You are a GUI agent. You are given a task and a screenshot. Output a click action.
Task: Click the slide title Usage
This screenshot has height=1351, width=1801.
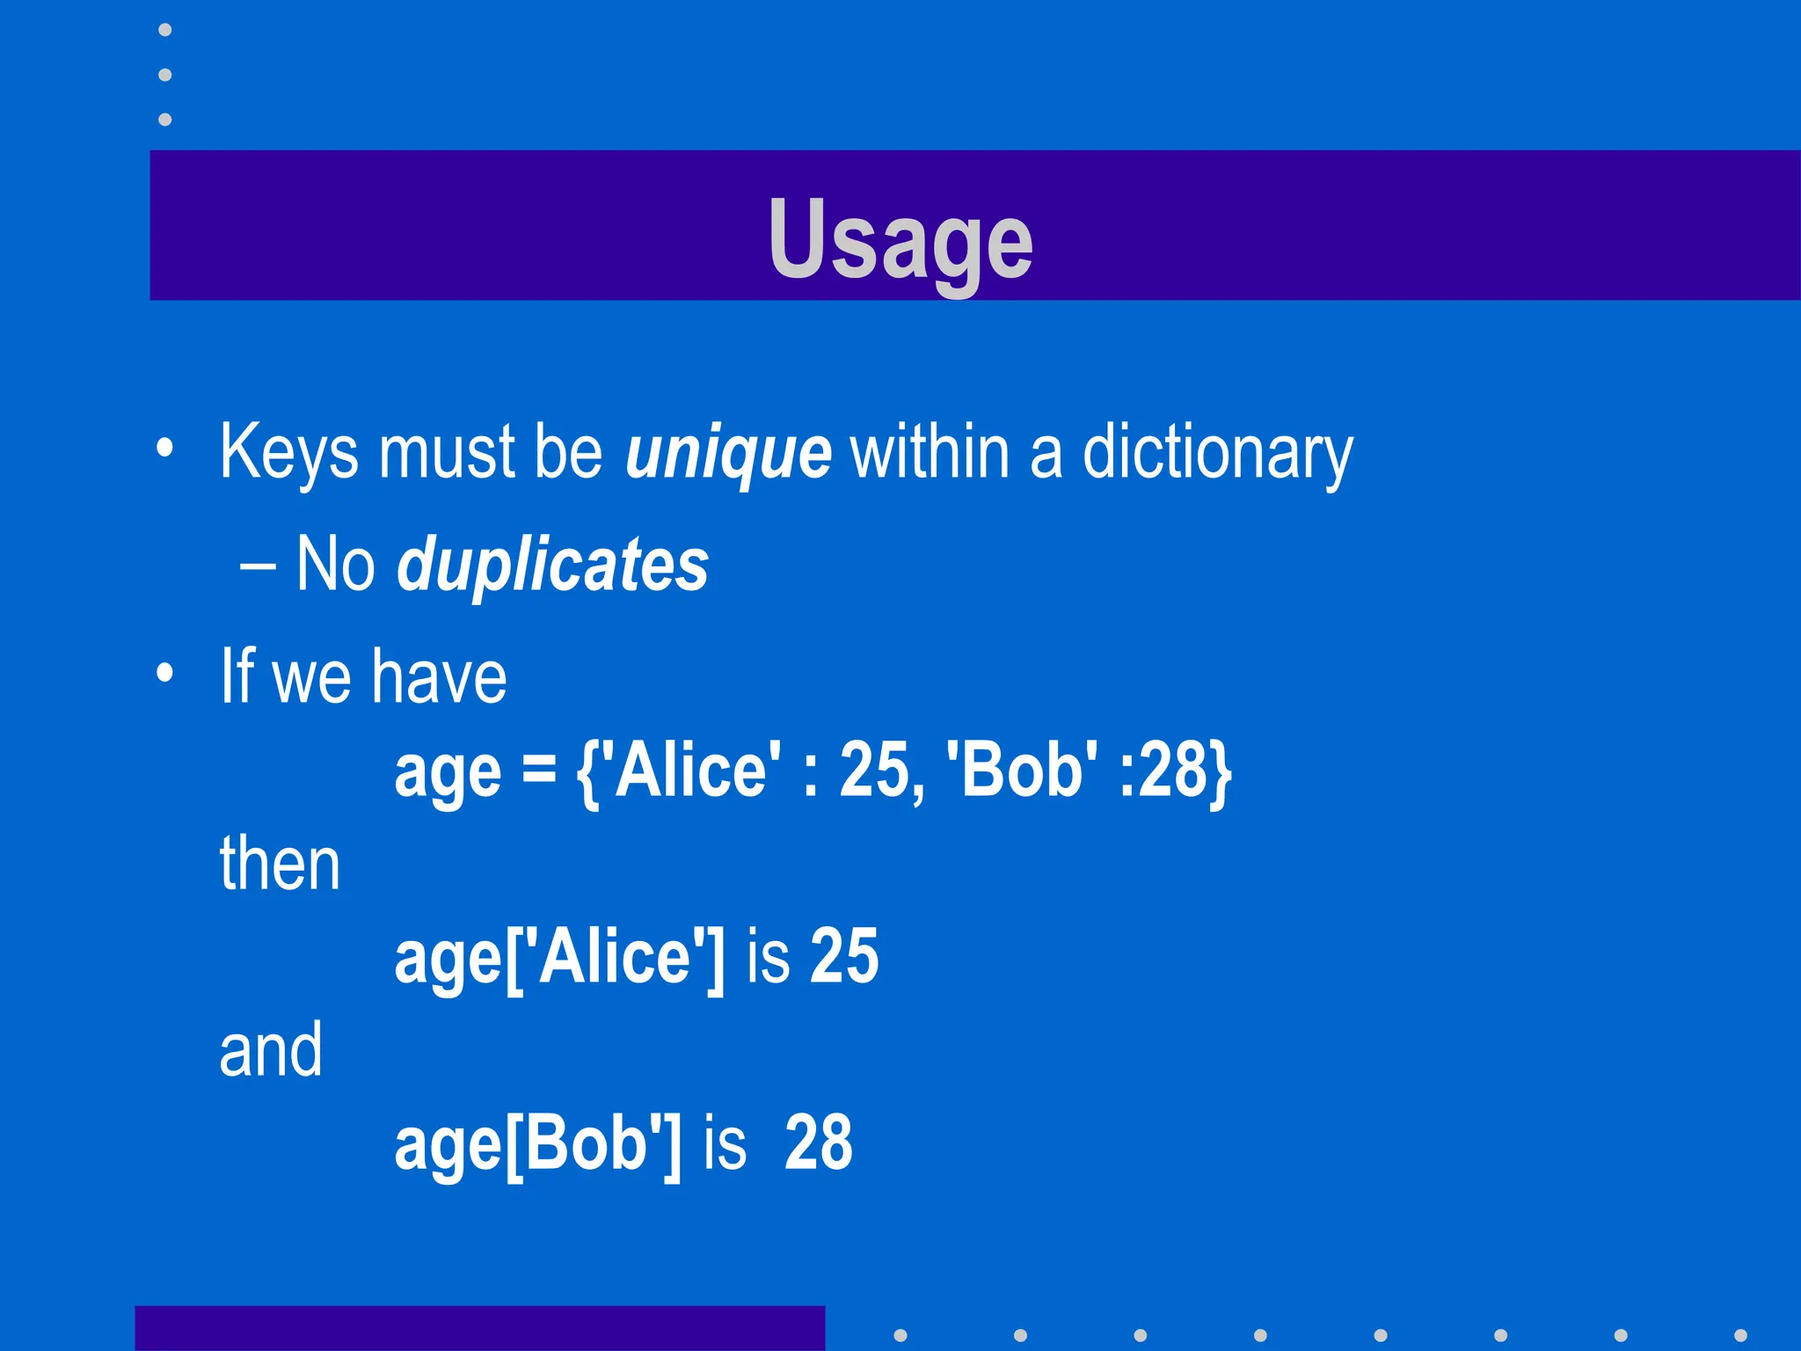coord(900,239)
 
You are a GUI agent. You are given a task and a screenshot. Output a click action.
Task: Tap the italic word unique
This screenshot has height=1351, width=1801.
coord(728,452)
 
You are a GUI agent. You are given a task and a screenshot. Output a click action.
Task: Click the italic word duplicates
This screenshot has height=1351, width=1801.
coord(552,565)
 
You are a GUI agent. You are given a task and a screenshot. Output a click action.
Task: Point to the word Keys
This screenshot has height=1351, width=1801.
coord(289,452)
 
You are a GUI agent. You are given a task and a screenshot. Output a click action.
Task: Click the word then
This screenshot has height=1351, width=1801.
coord(280,864)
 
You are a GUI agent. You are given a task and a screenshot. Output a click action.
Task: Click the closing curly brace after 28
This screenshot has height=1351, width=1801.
coord(1220,772)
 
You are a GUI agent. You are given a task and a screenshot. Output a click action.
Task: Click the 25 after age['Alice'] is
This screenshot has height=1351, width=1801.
coord(844,957)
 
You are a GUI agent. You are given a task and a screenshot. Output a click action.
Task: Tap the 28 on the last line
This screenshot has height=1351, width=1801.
coord(818,1143)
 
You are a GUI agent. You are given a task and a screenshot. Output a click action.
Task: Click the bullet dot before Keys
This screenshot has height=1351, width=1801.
coord(164,449)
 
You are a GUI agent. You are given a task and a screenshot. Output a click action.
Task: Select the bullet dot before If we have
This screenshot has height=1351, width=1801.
coord(164,674)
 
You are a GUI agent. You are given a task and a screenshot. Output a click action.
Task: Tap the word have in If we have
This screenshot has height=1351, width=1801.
coord(439,677)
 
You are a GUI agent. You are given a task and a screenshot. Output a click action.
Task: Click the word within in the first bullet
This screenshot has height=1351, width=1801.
coord(929,452)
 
